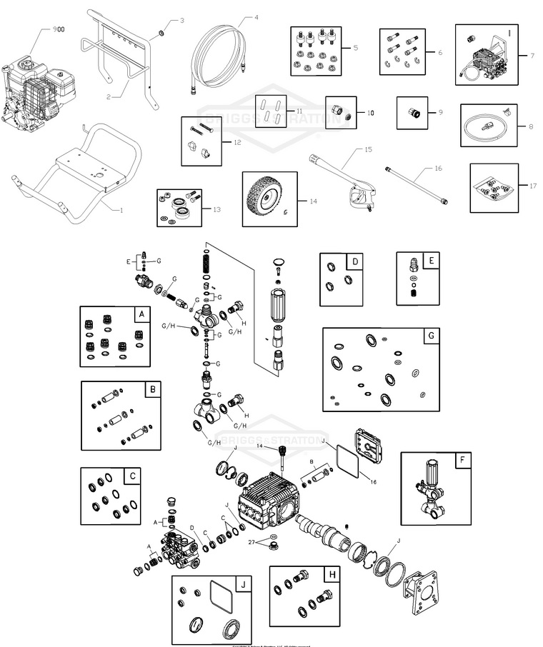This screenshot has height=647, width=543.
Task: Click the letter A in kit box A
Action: pos(141,314)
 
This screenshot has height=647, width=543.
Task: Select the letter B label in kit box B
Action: pos(152,389)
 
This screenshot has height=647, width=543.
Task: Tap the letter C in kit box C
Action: pos(132,476)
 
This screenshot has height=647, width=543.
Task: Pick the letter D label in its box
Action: pos(355,262)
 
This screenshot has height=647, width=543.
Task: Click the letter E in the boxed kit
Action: pos(431,261)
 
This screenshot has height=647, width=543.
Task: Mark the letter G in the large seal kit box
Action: pos(430,336)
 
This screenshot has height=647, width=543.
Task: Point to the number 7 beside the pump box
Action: pos(532,55)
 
